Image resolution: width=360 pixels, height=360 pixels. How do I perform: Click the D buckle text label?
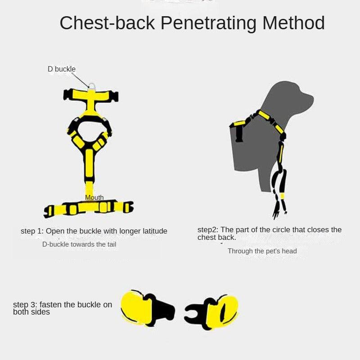[x=62, y=69]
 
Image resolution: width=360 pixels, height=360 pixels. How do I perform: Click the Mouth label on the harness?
[x=94, y=198]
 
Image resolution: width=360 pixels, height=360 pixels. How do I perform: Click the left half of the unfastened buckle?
[x=147, y=308]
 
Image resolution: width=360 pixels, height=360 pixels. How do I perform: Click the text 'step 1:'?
[x=32, y=231]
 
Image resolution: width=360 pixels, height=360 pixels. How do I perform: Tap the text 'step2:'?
[x=208, y=230]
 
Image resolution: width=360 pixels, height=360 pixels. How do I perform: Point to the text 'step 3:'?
[x=25, y=305]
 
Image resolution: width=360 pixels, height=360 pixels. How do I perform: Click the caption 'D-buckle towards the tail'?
[x=79, y=244]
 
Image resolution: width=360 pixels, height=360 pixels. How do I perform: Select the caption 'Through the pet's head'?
[x=262, y=251]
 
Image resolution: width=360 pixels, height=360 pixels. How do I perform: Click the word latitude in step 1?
[x=152, y=231]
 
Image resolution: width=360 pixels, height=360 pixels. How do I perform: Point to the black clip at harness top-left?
[x=68, y=95]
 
